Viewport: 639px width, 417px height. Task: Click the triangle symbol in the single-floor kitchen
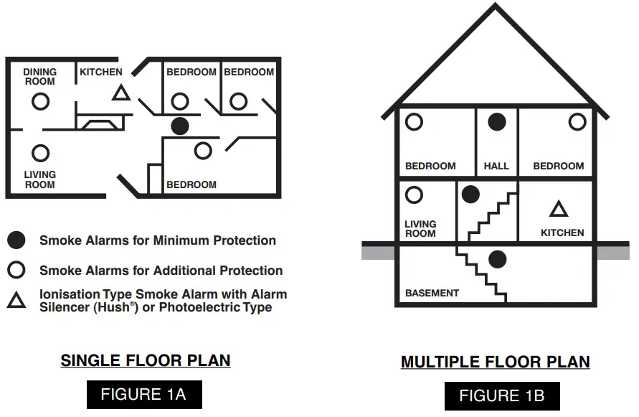[x=120, y=93]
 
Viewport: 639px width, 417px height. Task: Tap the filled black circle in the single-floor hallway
[x=180, y=126]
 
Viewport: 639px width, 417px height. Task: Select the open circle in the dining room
[x=41, y=101]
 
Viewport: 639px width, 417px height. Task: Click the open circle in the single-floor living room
[x=41, y=153]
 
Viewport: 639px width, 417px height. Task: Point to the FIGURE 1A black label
[x=144, y=394]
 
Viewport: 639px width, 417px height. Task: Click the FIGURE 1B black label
[x=502, y=395]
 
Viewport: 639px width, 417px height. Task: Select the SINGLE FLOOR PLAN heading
[x=146, y=360]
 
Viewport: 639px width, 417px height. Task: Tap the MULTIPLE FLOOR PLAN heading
[x=496, y=362]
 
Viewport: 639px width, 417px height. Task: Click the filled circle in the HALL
[x=497, y=122]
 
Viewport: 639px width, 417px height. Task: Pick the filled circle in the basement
[x=497, y=259]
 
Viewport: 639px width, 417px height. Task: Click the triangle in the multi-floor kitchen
[x=559, y=209]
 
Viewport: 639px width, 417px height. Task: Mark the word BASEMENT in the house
[x=432, y=293]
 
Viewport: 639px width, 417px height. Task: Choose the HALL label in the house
[x=496, y=166]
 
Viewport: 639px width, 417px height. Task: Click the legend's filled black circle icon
[x=16, y=240]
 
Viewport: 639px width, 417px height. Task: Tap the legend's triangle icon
[x=16, y=300]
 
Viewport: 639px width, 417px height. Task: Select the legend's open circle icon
[x=16, y=271]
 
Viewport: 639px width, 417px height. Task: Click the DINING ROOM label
[x=39, y=77]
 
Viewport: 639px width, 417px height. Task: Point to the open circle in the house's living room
[x=415, y=195]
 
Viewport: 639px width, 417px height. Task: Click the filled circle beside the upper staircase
[x=470, y=194]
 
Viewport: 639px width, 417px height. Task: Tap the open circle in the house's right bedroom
[x=577, y=122]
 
